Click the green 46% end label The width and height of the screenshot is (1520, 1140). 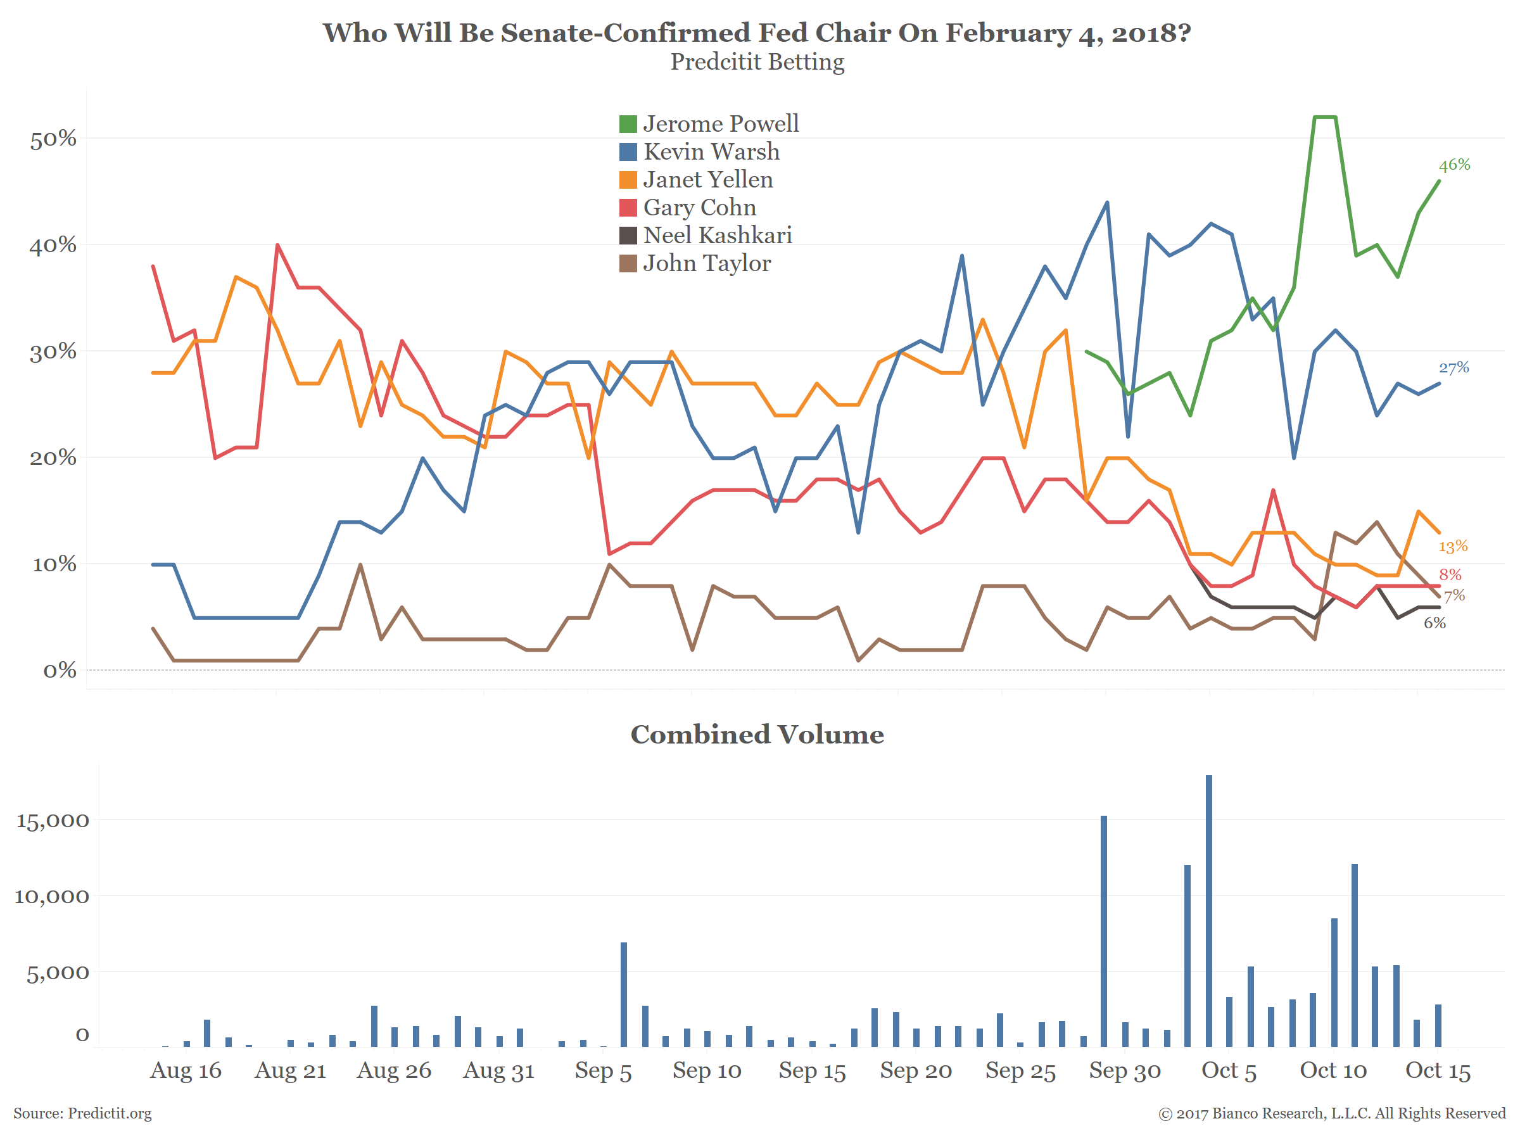tap(1454, 165)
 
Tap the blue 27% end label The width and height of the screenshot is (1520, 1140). tap(1453, 367)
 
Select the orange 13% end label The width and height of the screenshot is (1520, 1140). tap(1453, 547)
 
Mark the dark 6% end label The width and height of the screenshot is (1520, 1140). tap(1434, 623)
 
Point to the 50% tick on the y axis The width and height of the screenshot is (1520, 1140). tap(53, 139)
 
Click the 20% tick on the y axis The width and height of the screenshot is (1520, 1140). tap(53, 459)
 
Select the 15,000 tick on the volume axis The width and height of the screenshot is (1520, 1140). tap(52, 820)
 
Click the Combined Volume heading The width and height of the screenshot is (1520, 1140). tap(757, 735)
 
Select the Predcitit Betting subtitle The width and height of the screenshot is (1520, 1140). tap(757, 62)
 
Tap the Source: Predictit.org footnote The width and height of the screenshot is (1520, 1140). tap(82, 1113)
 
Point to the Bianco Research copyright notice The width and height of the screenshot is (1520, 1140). tap(1332, 1113)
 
